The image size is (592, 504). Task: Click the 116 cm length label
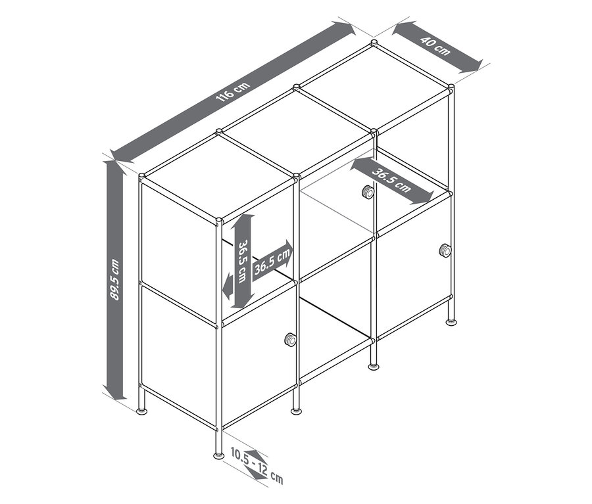233,92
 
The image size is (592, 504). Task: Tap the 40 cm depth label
436,46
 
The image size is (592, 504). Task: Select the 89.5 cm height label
114,279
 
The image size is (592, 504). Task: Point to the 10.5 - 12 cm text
257,465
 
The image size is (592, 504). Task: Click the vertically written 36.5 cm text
242,261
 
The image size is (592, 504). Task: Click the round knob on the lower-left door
290,340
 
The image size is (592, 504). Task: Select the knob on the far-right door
445,250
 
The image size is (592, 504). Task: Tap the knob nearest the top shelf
367,192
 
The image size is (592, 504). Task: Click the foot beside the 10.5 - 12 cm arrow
218,456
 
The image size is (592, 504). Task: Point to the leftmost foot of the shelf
142,411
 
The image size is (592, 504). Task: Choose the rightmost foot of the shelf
451,322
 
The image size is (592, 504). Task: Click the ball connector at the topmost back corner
374,43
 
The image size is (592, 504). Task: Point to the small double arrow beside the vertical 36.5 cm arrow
228,286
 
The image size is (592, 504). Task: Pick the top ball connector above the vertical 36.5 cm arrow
218,221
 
